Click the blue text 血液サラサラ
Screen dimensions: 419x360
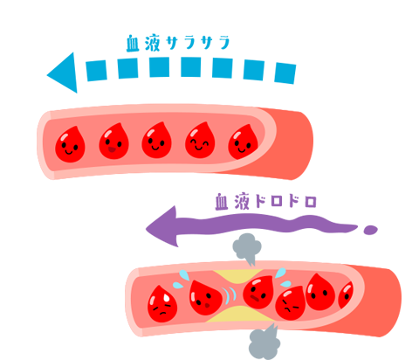pos(178,43)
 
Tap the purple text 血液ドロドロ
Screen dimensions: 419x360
pos(265,201)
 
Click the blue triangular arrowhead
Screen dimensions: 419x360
pos(63,73)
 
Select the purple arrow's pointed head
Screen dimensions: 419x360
pos(161,226)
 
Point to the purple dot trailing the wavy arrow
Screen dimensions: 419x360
pos(370,230)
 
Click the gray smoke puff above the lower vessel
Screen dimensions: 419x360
pos(247,248)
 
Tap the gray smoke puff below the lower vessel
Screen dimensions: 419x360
pos(264,343)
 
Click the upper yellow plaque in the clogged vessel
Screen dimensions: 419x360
pos(238,275)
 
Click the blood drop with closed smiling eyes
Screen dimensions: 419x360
pos(200,141)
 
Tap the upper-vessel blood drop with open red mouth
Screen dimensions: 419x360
pos(113,142)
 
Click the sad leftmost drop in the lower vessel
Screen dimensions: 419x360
pos(162,304)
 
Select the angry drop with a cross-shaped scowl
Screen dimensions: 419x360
pos(291,303)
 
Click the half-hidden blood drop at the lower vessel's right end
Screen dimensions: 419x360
pos(347,295)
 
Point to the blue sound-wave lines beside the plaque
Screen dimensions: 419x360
pos(230,294)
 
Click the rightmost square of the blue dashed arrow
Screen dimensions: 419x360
pos(285,73)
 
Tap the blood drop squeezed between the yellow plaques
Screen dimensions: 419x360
pos(258,293)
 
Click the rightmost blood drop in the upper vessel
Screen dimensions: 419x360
pos(243,142)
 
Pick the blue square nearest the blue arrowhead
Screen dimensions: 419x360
pos(97,71)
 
